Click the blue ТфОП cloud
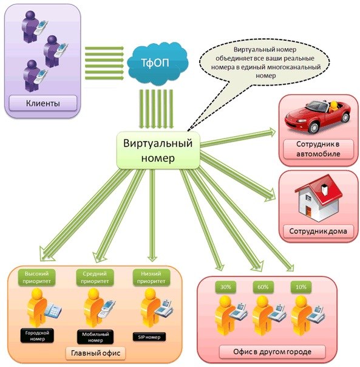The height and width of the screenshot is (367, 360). pyautogui.click(x=158, y=63)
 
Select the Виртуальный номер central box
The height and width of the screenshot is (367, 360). pyautogui.click(x=158, y=150)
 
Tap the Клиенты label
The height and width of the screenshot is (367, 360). pyautogui.click(x=43, y=103)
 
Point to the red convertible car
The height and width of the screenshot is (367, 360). pyautogui.click(x=318, y=116)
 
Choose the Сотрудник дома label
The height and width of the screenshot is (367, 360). pyautogui.click(x=318, y=232)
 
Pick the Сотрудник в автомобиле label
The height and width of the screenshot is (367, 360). pyautogui.click(x=318, y=149)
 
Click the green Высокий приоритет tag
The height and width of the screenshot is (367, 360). pyautogui.click(x=36, y=277)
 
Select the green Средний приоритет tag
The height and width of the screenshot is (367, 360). pyautogui.click(x=95, y=277)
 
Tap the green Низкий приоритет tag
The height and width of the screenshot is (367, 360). pyautogui.click(x=151, y=277)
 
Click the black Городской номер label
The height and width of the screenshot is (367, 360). pyautogui.click(x=37, y=335)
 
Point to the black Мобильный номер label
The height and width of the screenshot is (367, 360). pyautogui.click(x=95, y=337)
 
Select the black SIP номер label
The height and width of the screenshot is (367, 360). pyautogui.click(x=149, y=337)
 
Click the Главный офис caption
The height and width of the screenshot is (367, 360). pyautogui.click(x=95, y=353)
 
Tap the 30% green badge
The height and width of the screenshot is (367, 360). pyautogui.click(x=225, y=287)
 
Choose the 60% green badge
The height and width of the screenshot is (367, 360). pyautogui.click(x=263, y=287)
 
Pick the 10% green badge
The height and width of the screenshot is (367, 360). pyautogui.click(x=301, y=287)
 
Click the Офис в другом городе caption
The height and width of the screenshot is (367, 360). pyautogui.click(x=273, y=352)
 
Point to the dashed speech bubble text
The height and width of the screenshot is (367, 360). pyautogui.click(x=265, y=63)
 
